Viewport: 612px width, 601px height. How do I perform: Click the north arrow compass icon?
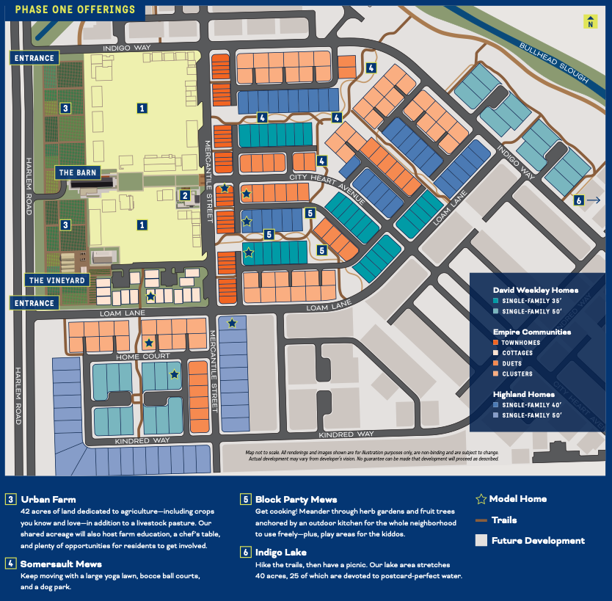click(590, 22)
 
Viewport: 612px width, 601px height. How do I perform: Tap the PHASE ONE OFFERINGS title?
click(76, 10)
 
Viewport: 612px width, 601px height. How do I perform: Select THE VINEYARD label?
click(57, 280)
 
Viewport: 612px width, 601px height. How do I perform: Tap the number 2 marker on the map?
click(186, 195)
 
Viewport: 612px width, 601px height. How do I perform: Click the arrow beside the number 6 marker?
click(594, 200)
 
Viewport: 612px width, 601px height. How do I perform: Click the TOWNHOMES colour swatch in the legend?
click(496, 343)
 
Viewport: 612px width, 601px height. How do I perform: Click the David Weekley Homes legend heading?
click(536, 291)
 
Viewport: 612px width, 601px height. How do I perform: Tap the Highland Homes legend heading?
click(524, 394)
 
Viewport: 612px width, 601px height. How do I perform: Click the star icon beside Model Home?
click(481, 499)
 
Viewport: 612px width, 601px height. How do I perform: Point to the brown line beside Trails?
click(481, 520)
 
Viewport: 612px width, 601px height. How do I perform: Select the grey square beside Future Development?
click(481, 541)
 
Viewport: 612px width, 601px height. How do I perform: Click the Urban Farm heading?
click(48, 499)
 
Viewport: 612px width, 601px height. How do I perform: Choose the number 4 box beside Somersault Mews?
click(11, 564)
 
